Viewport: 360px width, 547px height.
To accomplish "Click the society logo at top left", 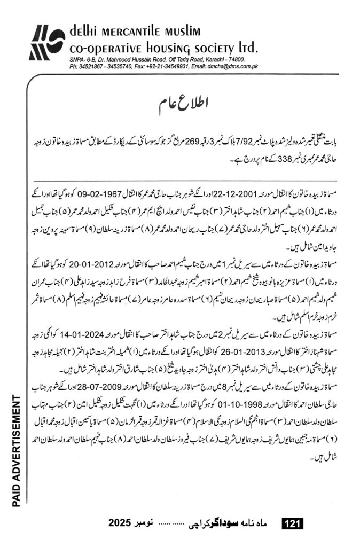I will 47,42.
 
